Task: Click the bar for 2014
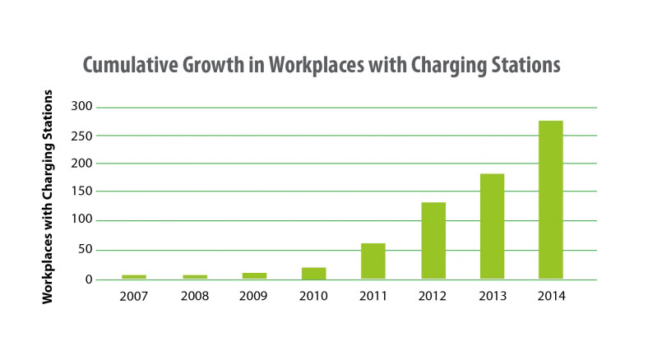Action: tap(550, 200)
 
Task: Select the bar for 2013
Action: tap(492, 226)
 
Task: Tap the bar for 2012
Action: tap(433, 240)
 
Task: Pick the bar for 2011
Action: tap(373, 261)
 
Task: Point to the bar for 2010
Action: tap(314, 273)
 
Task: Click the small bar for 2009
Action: tap(255, 275)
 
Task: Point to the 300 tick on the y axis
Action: tap(83, 108)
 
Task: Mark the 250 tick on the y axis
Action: tap(83, 136)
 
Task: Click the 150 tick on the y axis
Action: tap(83, 192)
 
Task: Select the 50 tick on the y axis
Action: tap(86, 250)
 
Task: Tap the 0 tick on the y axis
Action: tap(90, 279)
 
